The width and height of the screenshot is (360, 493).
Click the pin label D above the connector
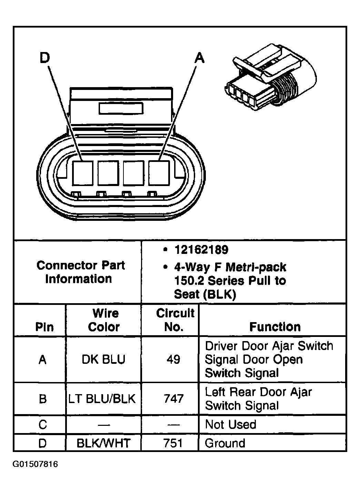[x=45, y=58]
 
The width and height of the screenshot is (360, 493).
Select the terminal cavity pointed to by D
[x=83, y=173]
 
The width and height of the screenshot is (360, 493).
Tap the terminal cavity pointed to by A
[x=159, y=173]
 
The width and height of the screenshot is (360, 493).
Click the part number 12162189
[x=201, y=249]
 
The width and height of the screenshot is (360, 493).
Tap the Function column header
[x=275, y=327]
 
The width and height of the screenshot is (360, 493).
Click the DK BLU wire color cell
[x=103, y=359]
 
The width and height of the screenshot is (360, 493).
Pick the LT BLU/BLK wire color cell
[x=102, y=399]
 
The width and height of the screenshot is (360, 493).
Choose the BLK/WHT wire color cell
[x=103, y=443]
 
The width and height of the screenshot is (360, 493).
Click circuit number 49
[x=173, y=359]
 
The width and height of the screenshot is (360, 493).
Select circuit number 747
[x=173, y=399]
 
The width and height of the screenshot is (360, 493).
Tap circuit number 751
[x=173, y=443]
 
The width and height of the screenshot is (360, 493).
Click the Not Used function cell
[x=231, y=424]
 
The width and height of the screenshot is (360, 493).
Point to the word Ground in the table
[x=225, y=443]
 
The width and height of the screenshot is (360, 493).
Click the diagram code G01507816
[x=35, y=464]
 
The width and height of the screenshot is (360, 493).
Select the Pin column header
[x=44, y=327]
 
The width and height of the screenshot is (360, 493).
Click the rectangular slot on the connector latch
[x=121, y=109]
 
